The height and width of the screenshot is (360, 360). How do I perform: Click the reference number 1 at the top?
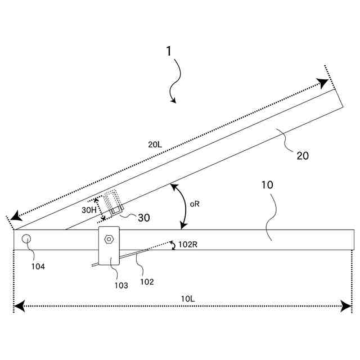[x=169, y=51]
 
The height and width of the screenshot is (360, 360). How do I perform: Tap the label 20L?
[x=155, y=145]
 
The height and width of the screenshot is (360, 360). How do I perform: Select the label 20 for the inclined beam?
[x=303, y=156]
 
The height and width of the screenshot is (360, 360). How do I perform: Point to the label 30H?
[x=89, y=210]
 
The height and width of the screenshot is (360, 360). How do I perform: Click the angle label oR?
[x=195, y=204]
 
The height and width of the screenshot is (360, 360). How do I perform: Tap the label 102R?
[x=188, y=245]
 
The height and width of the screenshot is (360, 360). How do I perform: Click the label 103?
[x=121, y=285]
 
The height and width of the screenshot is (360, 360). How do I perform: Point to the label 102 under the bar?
[x=146, y=282]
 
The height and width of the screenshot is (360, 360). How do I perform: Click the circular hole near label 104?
[x=26, y=239]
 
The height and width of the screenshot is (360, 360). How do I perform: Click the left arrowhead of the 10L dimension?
[x=19, y=307]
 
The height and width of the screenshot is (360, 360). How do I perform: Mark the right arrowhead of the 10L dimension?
[x=347, y=307]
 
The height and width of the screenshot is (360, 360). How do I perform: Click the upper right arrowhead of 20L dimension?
[x=323, y=83]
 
